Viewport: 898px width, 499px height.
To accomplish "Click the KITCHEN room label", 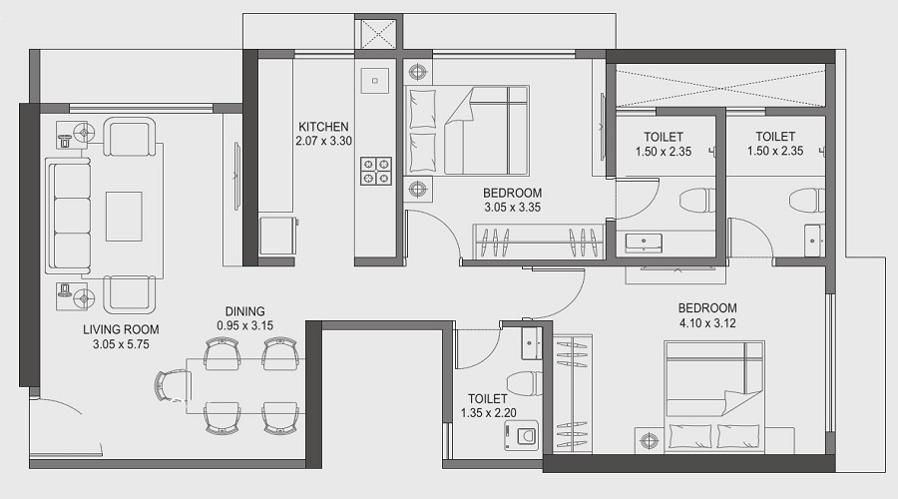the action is pyautogui.click(x=323, y=127).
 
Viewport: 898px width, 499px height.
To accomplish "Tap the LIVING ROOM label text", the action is pyautogui.click(x=121, y=329).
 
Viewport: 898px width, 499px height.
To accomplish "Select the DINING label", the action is pyautogui.click(x=245, y=311).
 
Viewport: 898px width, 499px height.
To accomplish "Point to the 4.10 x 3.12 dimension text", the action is pyautogui.click(x=707, y=323).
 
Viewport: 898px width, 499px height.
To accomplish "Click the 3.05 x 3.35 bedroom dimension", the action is pyautogui.click(x=513, y=208).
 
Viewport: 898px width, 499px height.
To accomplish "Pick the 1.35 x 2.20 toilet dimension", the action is pyautogui.click(x=489, y=412).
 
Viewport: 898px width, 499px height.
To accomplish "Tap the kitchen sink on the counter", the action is pyautogui.click(x=375, y=81).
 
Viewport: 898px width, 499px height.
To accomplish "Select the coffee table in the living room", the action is pyautogui.click(x=124, y=216).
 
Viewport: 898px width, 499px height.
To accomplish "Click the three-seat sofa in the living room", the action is pyautogui.click(x=68, y=216).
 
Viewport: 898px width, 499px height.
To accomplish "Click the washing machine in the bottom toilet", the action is pyautogui.click(x=521, y=435).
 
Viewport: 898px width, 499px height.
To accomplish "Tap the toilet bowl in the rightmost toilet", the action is pyautogui.click(x=806, y=201).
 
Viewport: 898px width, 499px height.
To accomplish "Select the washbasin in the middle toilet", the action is pyautogui.click(x=644, y=243).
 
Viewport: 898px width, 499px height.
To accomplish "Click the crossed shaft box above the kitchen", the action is pyautogui.click(x=375, y=34).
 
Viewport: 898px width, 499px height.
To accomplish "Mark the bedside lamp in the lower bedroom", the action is pyautogui.click(x=649, y=440).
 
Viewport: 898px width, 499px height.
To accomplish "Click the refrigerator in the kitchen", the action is pyautogui.click(x=277, y=236).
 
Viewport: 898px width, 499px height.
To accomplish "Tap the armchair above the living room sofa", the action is pyautogui.click(x=129, y=137).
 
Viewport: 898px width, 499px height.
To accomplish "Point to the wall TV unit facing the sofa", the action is pyautogui.click(x=237, y=177).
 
